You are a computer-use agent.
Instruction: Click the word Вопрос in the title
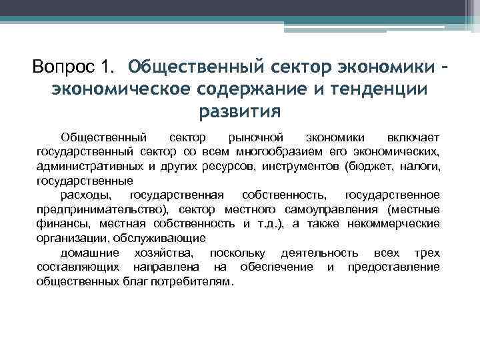click(x=64, y=67)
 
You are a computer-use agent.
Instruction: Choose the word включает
click(x=411, y=137)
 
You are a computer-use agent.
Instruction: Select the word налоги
click(x=419, y=166)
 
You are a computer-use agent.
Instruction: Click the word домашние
click(x=90, y=253)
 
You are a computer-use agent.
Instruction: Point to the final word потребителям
click(x=195, y=281)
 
